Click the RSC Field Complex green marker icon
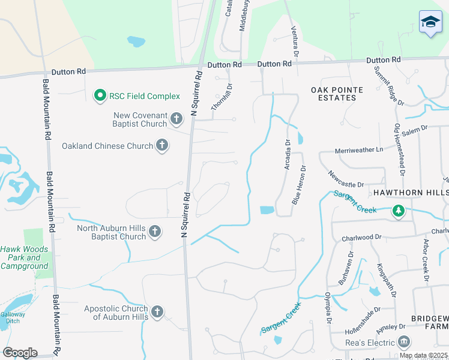100,95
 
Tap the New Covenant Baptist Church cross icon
176,119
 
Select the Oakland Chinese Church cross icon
161,145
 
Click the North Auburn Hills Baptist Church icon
154,232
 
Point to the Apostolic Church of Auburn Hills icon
157,311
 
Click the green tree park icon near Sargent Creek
397,211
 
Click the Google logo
19,353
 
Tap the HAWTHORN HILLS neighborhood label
411,193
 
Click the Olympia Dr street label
328,307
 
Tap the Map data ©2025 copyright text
423,355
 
